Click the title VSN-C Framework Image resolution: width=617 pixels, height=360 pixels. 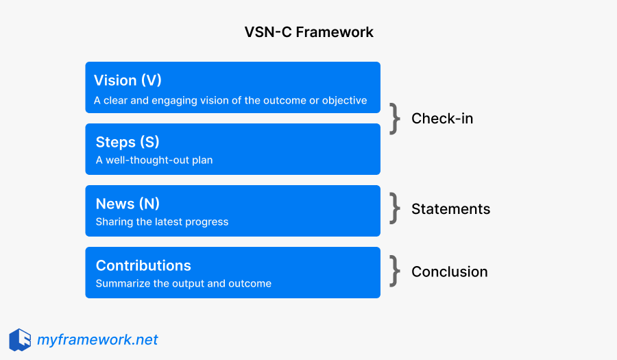click(x=308, y=32)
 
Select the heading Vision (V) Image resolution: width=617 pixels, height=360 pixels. click(x=129, y=80)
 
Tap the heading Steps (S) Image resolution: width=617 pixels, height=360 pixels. click(x=127, y=142)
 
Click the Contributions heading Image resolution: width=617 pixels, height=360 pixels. click(x=143, y=265)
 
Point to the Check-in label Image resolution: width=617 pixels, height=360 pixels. click(x=442, y=119)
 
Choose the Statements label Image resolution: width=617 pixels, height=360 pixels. click(x=450, y=209)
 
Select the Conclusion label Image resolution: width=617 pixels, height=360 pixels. click(x=449, y=272)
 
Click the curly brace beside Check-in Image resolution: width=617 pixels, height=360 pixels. click(x=394, y=119)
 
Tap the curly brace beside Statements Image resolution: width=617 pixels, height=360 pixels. click(x=394, y=208)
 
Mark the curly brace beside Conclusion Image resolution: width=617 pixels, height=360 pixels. click(x=394, y=271)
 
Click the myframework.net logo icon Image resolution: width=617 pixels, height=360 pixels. click(x=20, y=339)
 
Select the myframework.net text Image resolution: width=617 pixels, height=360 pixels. click(x=97, y=339)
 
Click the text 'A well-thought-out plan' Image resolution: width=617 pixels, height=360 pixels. click(x=154, y=160)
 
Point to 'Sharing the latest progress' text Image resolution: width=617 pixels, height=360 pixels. click(x=162, y=222)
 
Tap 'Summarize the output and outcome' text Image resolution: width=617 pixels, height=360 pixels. click(x=183, y=284)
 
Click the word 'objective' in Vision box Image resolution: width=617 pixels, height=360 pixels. click(x=345, y=100)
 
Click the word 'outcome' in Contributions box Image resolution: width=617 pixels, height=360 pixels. click(x=250, y=284)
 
